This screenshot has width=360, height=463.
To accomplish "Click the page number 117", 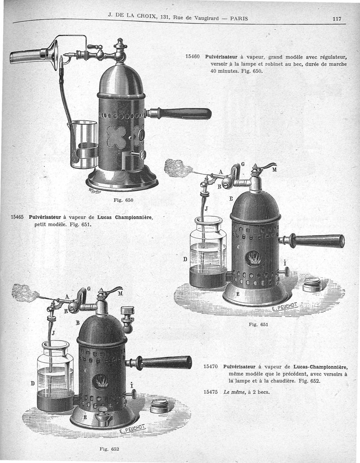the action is tap(337, 18).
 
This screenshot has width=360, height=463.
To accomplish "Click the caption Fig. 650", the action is tap(123, 200).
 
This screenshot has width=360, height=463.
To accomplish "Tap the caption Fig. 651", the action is tap(258, 325).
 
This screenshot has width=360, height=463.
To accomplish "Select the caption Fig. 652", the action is tap(109, 449).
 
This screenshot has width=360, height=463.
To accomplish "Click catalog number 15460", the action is tap(193, 56).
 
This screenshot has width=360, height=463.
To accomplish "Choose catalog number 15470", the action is tap(211, 367).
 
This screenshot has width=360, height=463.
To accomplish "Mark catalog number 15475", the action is tap(211, 392).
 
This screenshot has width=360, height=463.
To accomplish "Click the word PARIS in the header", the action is tap(239, 18).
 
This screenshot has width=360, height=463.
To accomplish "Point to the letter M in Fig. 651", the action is tap(274, 170).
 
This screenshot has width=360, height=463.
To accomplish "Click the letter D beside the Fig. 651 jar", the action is tap(185, 259).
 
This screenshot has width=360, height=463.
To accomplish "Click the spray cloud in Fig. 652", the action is tap(25, 293).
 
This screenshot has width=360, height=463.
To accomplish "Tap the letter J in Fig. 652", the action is tap(53, 333).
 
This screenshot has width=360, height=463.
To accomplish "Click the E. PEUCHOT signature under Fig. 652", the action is tap(132, 428).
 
